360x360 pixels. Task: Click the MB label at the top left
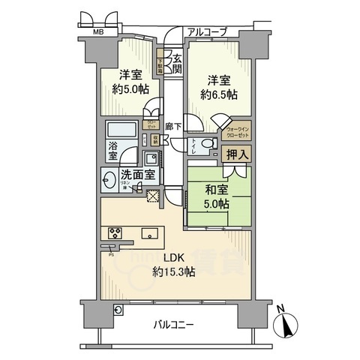(x=98, y=33)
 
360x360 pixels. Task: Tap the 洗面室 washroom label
(x=139, y=175)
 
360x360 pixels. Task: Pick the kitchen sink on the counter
(x=148, y=232)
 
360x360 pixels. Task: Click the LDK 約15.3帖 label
(x=174, y=265)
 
